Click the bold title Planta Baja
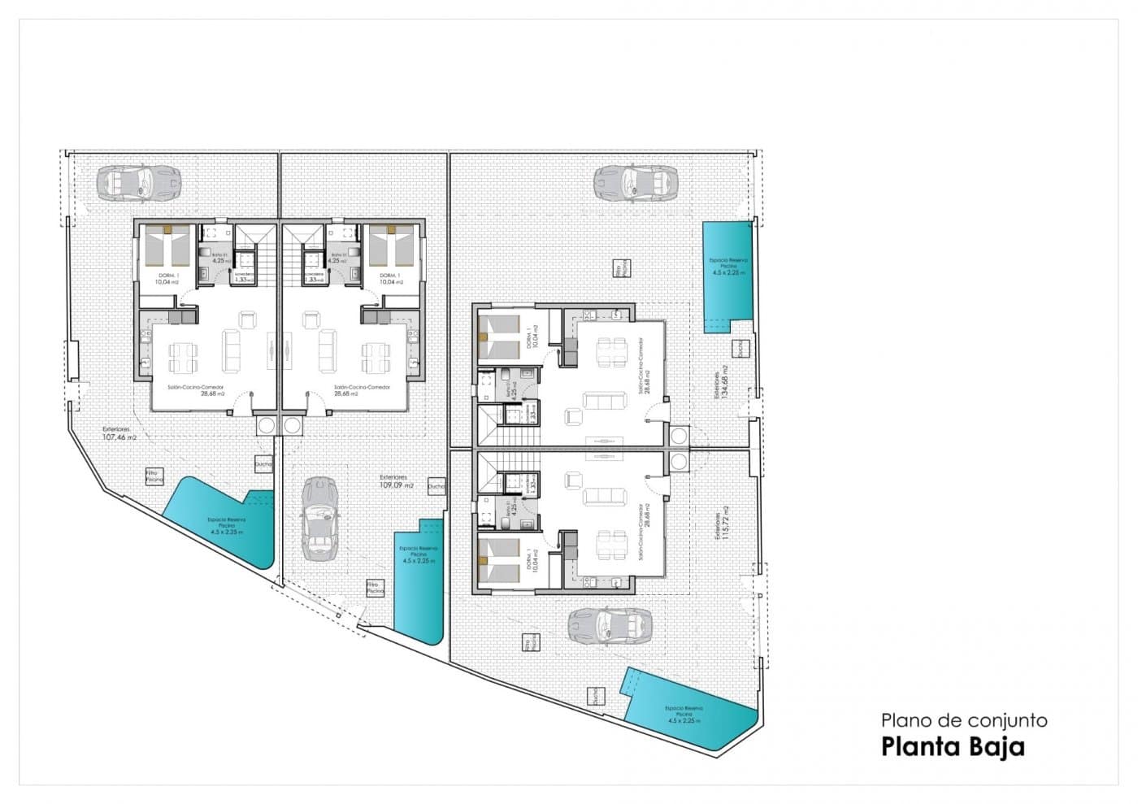pyautogui.click(x=953, y=746)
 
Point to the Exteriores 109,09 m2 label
pyautogui.click(x=397, y=481)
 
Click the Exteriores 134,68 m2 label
pyautogui.click(x=719, y=382)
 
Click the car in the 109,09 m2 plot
pyautogui.click(x=319, y=519)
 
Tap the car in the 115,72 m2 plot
pyautogui.click(x=610, y=625)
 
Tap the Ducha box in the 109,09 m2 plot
pyautogui.click(x=436, y=485)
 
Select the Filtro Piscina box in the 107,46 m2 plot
pyautogui.click(x=154, y=476)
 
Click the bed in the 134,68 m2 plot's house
pyautogui.click(x=499, y=338)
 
